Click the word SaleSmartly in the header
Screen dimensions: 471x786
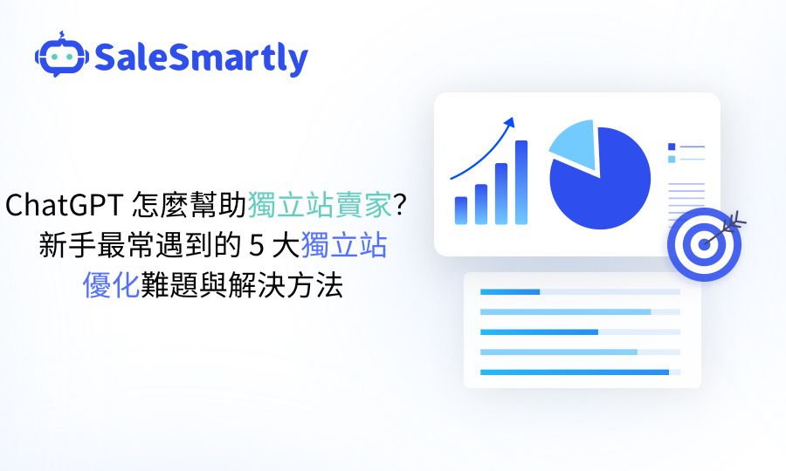tap(201, 58)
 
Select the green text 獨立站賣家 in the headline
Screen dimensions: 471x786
tap(319, 206)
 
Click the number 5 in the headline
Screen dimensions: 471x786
tap(256, 246)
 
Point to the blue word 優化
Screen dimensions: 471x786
tap(111, 285)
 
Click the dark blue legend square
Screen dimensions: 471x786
tap(671, 147)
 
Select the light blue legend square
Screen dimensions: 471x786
tap(671, 159)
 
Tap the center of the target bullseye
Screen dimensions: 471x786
tap(704, 244)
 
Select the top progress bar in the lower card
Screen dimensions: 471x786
tap(510, 291)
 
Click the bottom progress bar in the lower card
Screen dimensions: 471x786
tap(574, 372)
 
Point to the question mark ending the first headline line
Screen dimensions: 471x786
tap(401, 206)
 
